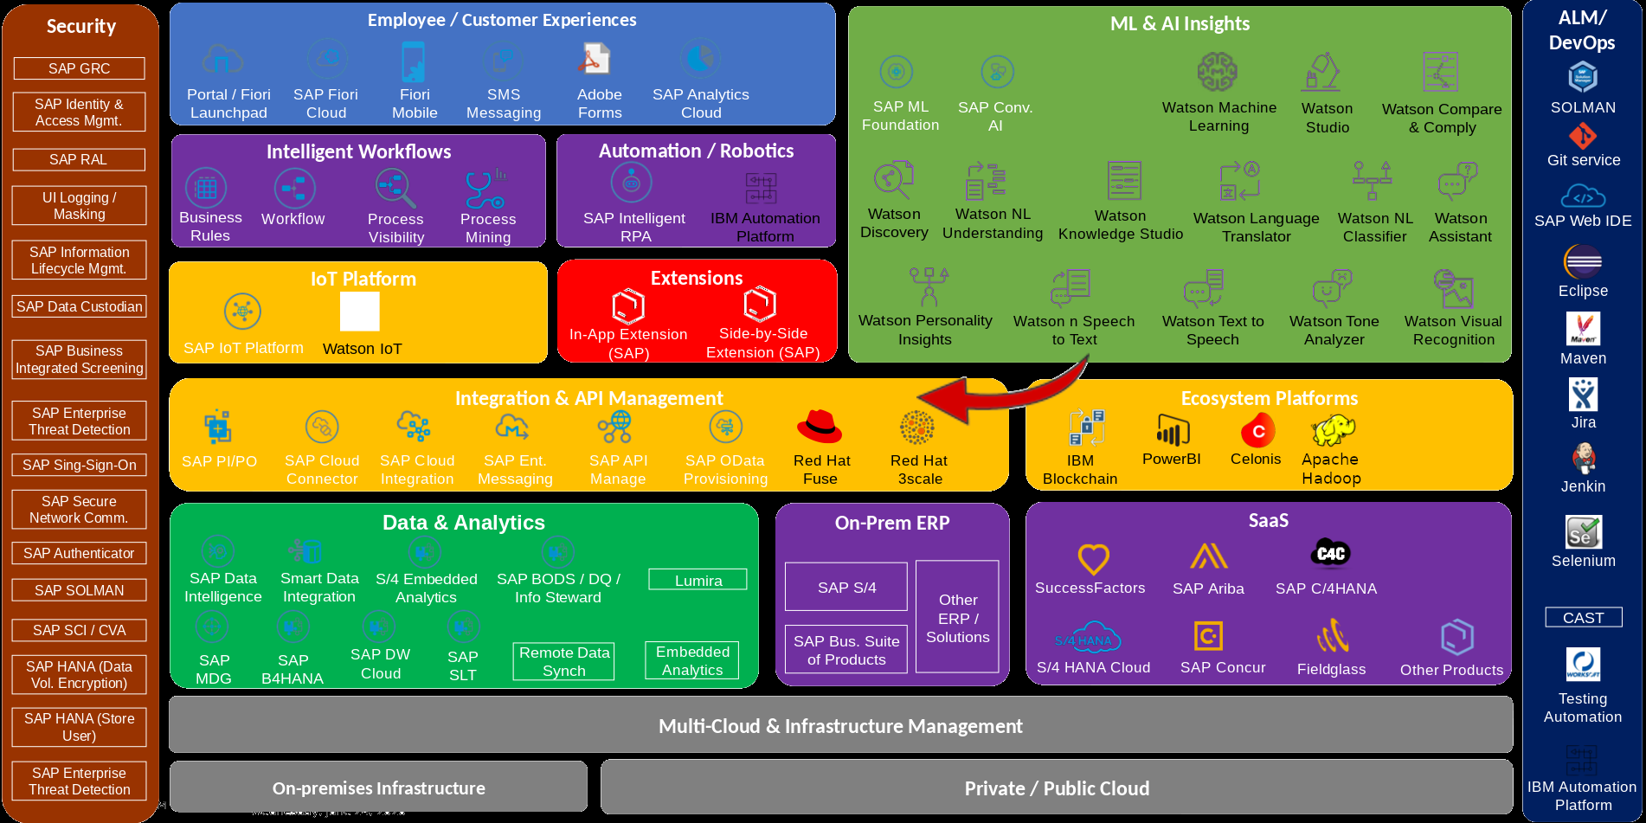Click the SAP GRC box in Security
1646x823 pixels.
pos(79,68)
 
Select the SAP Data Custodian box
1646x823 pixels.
pos(79,306)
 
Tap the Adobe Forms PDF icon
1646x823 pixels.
pos(595,60)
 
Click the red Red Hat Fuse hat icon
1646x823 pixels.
pos(819,427)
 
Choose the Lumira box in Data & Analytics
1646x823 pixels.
pos(698,580)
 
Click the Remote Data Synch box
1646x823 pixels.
pos(564,661)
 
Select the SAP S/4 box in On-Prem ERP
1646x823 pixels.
pos(846,587)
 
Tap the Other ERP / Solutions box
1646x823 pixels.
pos(957,617)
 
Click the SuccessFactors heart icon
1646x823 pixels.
pos(1093,559)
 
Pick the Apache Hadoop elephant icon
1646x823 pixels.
pos(1333,429)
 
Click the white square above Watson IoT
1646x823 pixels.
pos(360,312)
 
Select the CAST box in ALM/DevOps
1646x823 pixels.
pos(1583,617)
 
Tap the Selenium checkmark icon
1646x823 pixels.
pos(1584,531)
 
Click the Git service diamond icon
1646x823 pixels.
pos(1583,136)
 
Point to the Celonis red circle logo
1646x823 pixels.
pos(1257,430)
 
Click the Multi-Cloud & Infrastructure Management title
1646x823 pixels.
pos(840,726)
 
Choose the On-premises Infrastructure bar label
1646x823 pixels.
pos(379,788)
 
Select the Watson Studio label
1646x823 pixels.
pos(1327,118)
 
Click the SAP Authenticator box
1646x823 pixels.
pos(79,553)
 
